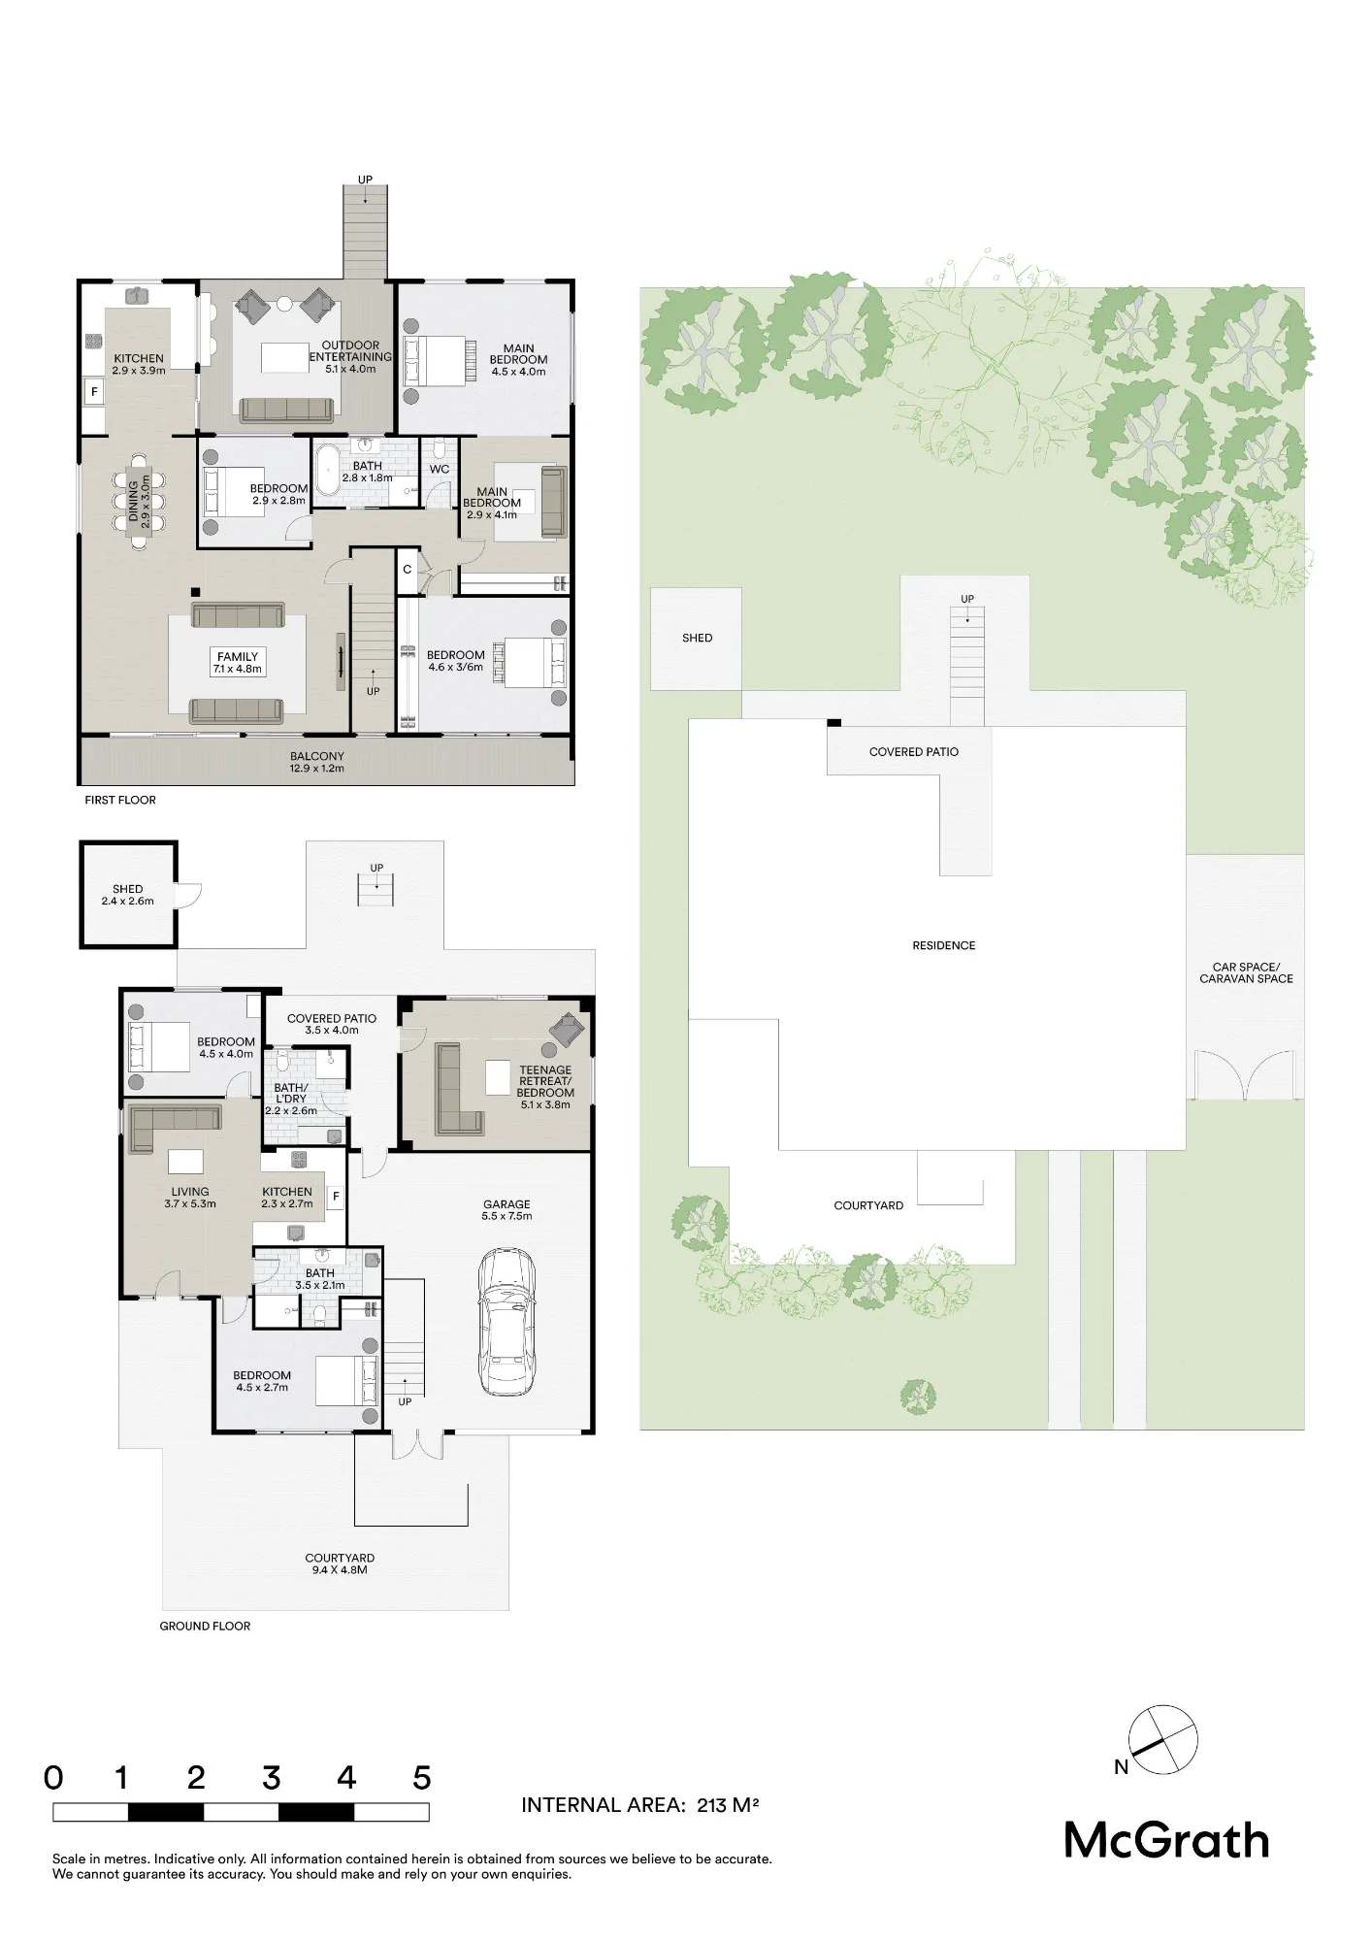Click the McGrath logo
click(x=1166, y=1841)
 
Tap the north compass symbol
click(x=1162, y=1739)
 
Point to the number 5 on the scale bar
click(x=421, y=1778)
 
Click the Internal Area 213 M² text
click(x=639, y=1805)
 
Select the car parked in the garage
click(x=506, y=1323)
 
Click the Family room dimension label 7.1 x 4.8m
click(x=238, y=669)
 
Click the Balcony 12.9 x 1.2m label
click(x=317, y=762)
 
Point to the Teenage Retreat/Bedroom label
click(x=545, y=1081)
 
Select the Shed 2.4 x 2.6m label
click(x=127, y=895)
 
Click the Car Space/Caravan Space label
click(x=1246, y=972)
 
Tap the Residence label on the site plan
click(x=944, y=945)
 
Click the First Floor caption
click(x=120, y=800)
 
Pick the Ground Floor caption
click(x=205, y=1626)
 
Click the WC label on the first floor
click(x=440, y=469)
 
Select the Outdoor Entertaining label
click(x=350, y=350)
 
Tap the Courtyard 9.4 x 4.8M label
click(x=340, y=1563)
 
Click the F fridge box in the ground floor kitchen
click(x=336, y=1197)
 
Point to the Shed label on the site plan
click(x=697, y=638)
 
